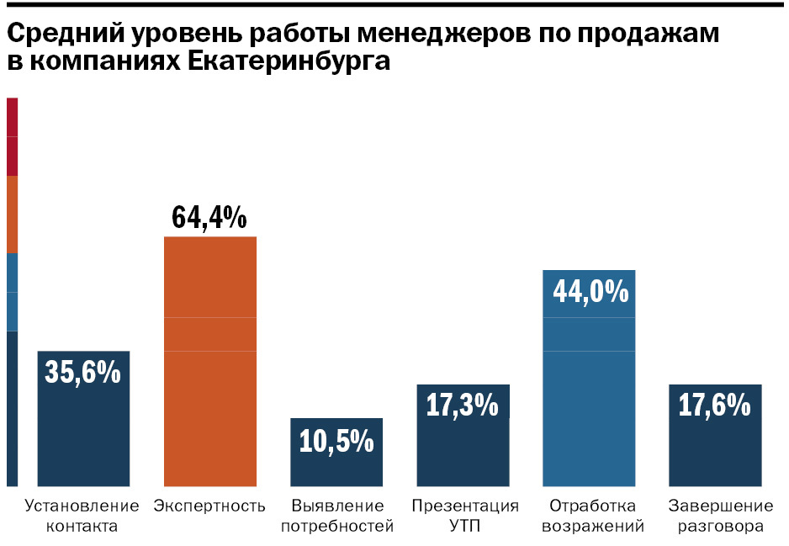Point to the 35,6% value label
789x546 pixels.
[82, 372]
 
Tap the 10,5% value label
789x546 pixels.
[336, 440]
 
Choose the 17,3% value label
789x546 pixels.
[462, 406]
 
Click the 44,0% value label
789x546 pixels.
[590, 291]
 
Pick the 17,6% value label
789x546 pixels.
[714, 406]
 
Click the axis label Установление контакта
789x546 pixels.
[82, 517]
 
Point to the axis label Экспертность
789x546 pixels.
[209, 506]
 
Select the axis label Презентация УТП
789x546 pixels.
[464, 517]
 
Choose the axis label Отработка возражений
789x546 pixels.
[592, 517]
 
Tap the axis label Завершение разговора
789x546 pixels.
[720, 517]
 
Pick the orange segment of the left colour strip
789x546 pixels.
[12, 215]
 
